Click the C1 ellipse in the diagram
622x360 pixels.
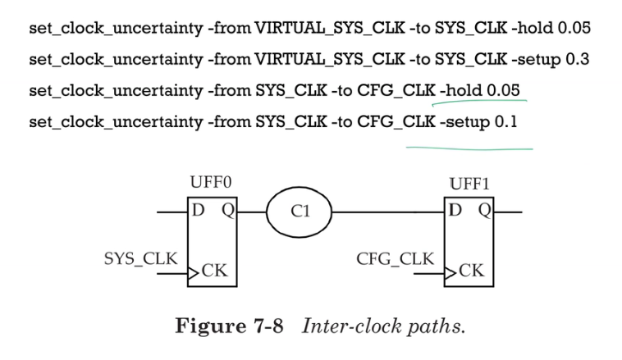[300, 212]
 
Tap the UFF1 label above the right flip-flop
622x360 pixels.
[469, 184]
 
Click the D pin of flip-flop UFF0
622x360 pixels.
[198, 212]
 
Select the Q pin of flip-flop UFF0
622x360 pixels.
[227, 212]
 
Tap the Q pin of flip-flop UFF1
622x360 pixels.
[484, 212]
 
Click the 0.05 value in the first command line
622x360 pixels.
[574, 29]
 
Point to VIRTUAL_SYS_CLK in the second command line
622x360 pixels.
[324, 60]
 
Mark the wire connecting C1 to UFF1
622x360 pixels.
[386, 212]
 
